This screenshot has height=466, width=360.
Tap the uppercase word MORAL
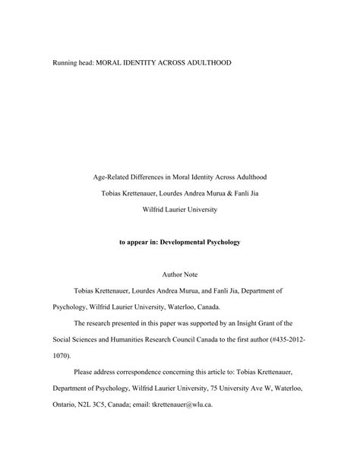tap(113, 62)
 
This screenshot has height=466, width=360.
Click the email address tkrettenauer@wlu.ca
tap(182, 404)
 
